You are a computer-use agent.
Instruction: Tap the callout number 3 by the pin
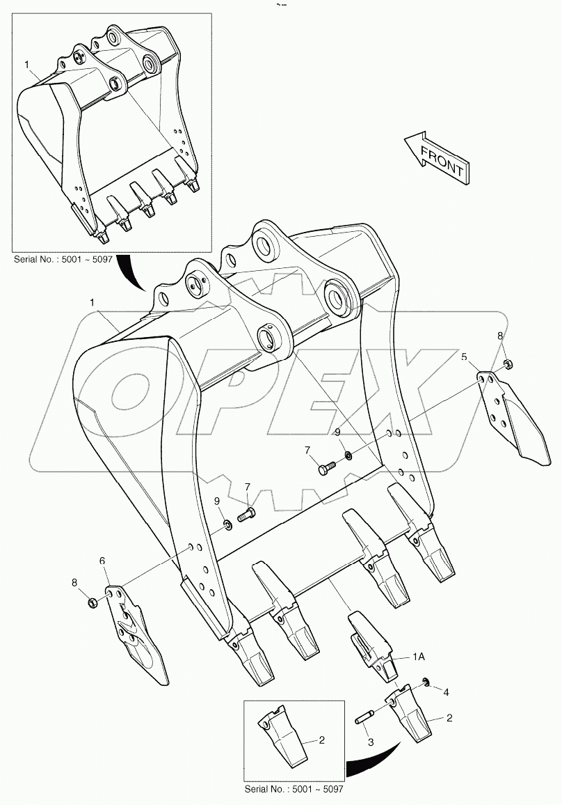point(371,742)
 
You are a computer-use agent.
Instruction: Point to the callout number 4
point(446,693)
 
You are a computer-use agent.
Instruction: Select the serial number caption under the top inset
point(63,259)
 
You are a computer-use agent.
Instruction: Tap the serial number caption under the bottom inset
point(294,789)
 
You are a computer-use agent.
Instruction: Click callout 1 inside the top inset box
point(27,64)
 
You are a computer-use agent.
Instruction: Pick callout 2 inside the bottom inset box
point(321,741)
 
